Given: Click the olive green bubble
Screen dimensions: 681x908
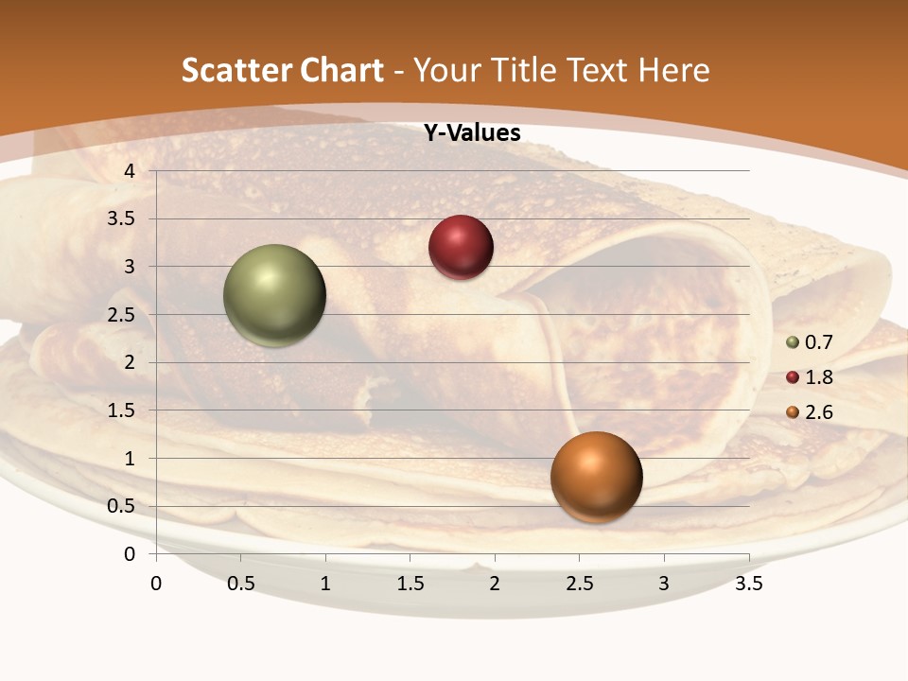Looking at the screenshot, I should pyautogui.click(x=274, y=295).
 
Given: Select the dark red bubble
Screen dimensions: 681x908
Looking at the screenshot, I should pyautogui.click(x=461, y=247).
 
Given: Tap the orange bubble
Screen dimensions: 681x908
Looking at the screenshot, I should pyautogui.click(x=596, y=477).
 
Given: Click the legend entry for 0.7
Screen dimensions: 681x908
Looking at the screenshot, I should pyautogui.click(x=809, y=342).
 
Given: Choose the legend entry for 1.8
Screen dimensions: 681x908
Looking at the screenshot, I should pyautogui.click(x=809, y=377).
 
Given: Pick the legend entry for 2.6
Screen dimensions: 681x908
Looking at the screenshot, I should pyautogui.click(x=809, y=412).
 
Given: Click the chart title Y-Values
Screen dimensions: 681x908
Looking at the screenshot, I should pyautogui.click(x=472, y=133).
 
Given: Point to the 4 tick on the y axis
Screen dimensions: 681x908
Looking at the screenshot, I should pyautogui.click(x=130, y=171).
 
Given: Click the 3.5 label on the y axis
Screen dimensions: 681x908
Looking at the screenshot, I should pyautogui.click(x=121, y=219).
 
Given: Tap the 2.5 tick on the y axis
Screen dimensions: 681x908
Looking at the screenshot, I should pyautogui.click(x=121, y=315).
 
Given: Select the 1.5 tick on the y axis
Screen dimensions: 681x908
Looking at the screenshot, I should pyautogui.click(x=121, y=410).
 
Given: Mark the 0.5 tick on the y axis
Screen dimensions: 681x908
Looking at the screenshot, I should pyautogui.click(x=121, y=506).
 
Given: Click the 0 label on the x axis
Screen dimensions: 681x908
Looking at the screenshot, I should pyautogui.click(x=156, y=584).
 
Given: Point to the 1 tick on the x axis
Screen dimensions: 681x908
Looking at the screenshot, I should pyautogui.click(x=325, y=584).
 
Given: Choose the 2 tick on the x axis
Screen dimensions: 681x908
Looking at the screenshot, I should pyautogui.click(x=495, y=584).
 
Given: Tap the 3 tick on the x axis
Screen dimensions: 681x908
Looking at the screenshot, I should pyautogui.click(x=664, y=584).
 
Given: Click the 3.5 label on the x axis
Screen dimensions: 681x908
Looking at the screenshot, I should pyautogui.click(x=748, y=584).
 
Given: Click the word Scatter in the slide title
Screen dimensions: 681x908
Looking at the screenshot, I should pyautogui.click(x=236, y=70).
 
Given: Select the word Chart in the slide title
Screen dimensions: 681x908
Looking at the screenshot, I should pyautogui.click(x=340, y=70).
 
